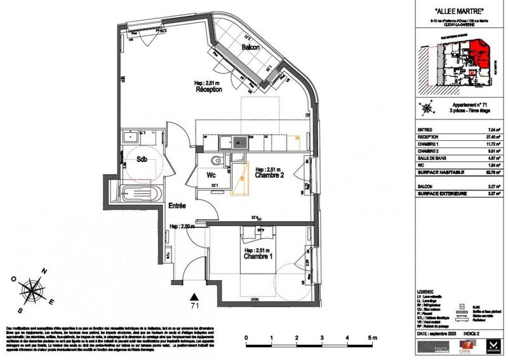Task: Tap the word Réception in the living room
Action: tap(208, 90)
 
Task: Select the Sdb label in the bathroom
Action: tap(142, 160)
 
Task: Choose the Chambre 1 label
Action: tap(258, 257)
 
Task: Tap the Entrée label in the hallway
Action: tap(177, 206)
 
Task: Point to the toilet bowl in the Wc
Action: tap(215, 161)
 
